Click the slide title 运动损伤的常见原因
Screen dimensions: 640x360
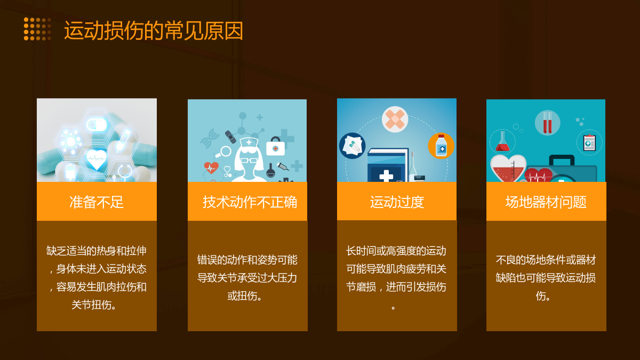(x=154, y=30)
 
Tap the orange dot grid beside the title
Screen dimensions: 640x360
(x=37, y=29)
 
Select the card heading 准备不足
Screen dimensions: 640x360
(x=97, y=202)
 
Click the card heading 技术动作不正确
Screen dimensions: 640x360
(x=250, y=202)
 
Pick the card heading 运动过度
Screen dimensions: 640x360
(x=397, y=202)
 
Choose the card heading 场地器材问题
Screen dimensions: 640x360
(x=546, y=202)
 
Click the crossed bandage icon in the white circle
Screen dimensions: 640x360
(x=395, y=119)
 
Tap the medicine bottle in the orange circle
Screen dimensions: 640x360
(x=441, y=146)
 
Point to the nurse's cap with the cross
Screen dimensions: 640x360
(x=249, y=142)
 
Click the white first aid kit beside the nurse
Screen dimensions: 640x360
(x=275, y=146)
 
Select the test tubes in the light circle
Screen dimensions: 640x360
(x=547, y=123)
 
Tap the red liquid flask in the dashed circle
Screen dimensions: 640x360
(x=502, y=142)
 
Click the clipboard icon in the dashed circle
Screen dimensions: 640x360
(x=589, y=142)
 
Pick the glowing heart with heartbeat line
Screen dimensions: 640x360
(x=97, y=159)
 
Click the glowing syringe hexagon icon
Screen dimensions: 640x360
(x=124, y=140)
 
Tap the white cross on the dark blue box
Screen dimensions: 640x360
(x=386, y=175)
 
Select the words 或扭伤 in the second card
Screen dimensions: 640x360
(x=242, y=295)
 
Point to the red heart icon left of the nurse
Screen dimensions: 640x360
(x=211, y=167)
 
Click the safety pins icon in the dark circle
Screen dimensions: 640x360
(x=353, y=146)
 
